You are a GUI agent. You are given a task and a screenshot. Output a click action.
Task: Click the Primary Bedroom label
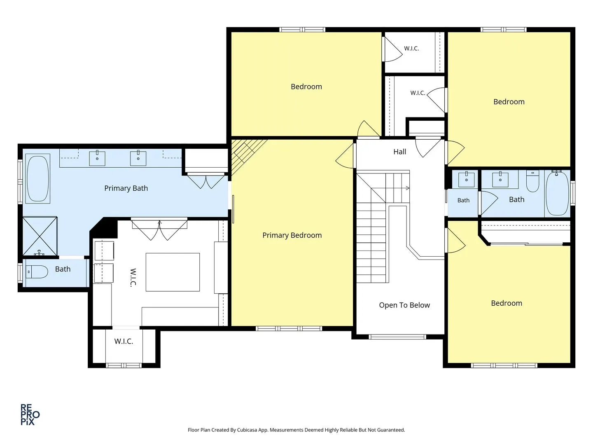[292, 235]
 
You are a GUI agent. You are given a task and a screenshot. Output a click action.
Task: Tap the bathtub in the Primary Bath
[38, 178]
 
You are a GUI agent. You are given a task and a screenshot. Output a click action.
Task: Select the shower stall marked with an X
[40, 236]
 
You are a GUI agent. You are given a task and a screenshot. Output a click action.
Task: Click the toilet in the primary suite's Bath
[37, 272]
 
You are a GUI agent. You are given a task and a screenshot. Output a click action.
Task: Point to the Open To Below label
[404, 305]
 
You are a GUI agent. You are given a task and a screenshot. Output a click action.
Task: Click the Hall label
[399, 152]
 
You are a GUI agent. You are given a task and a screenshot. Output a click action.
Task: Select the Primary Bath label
[126, 188]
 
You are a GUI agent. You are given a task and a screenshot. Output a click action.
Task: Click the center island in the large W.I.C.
[173, 272]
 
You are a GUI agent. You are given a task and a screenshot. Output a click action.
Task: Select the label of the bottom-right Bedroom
[506, 303]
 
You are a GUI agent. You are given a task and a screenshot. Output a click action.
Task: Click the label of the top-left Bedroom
[306, 87]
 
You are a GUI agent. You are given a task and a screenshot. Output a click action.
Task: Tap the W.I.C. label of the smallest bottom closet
[124, 341]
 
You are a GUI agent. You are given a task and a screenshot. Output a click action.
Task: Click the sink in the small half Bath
[466, 180]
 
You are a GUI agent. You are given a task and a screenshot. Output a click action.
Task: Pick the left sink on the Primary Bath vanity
[97, 158]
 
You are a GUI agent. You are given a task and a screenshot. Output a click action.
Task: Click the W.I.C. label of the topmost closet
[411, 48]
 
